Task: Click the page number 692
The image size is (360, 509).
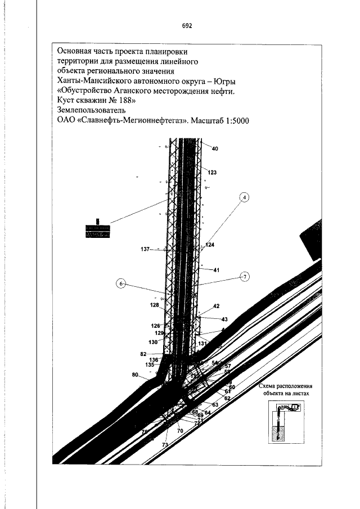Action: click(188, 26)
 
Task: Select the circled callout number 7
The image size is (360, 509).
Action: click(245, 277)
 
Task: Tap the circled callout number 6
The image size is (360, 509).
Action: click(121, 283)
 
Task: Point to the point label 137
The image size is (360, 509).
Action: click(146, 249)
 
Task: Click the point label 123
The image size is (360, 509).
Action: click(211, 172)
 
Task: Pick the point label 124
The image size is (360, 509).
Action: click(210, 245)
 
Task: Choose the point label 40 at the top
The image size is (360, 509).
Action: click(214, 148)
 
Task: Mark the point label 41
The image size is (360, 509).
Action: click(217, 270)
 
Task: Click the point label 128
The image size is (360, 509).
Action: click(155, 305)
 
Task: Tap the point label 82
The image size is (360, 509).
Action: click(143, 354)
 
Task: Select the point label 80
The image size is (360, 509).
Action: click(135, 374)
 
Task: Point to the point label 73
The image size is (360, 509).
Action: click(165, 445)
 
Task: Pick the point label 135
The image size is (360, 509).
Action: click(150, 364)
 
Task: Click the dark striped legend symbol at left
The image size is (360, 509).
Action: click(98, 230)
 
